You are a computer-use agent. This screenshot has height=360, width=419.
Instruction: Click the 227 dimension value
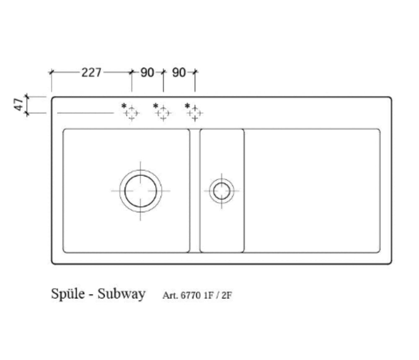(91, 73)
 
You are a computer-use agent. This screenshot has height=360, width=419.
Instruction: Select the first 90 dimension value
(147, 73)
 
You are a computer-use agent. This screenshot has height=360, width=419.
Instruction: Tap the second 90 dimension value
(179, 73)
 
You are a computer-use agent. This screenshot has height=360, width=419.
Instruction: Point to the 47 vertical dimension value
(18, 104)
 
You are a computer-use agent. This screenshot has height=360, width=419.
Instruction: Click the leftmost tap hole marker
(132, 113)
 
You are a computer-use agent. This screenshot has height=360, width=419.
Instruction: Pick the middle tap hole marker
(163, 113)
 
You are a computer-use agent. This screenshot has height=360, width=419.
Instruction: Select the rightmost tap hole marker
(195, 113)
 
